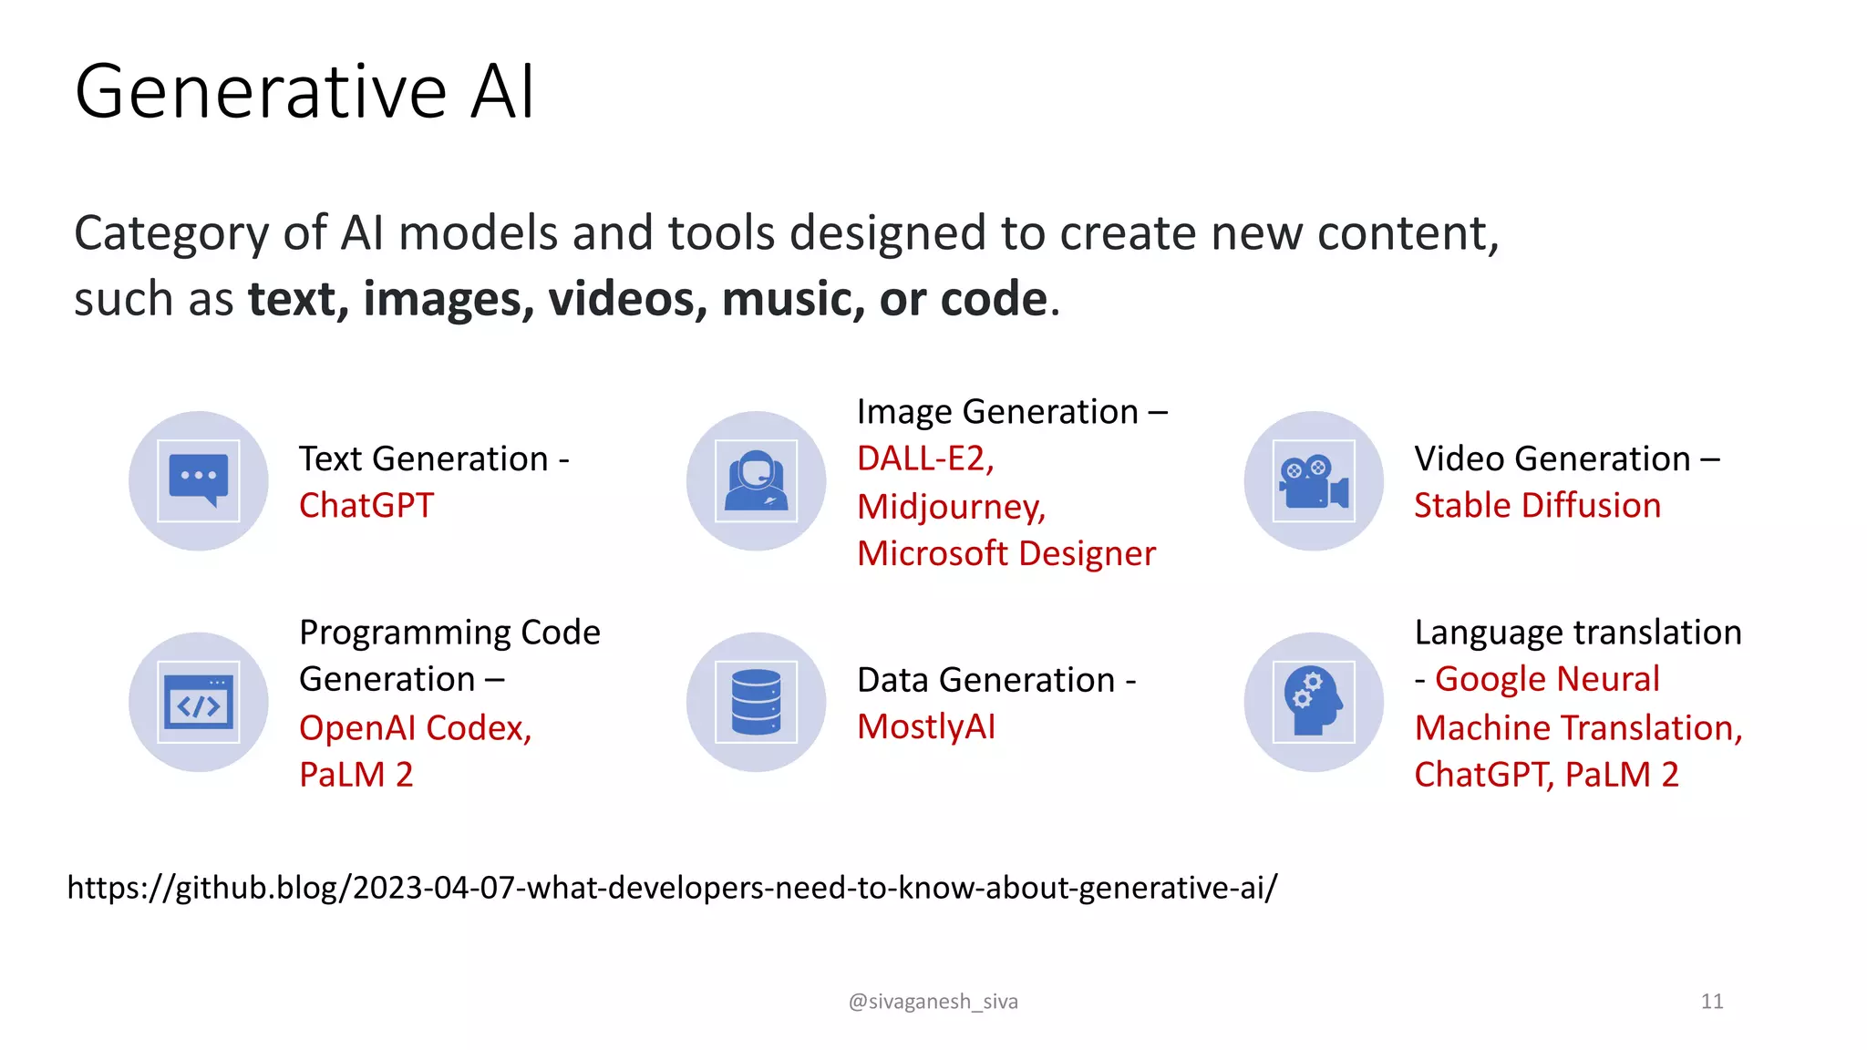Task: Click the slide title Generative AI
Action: tap(304, 92)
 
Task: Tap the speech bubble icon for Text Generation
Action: tap(199, 480)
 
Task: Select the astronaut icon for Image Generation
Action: tap(756, 480)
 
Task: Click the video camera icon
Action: tap(1314, 480)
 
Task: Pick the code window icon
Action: tap(199, 703)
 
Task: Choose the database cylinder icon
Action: tap(756, 703)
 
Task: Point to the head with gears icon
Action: tap(1314, 703)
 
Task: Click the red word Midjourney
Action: tap(950, 507)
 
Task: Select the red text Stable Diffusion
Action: tap(1537, 506)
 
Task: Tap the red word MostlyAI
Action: tap(926, 727)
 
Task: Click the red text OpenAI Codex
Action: tap(414, 728)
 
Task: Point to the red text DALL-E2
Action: tap(923, 458)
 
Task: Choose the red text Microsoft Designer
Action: tap(1006, 554)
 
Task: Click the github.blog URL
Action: tap(672, 888)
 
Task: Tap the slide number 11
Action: tap(1711, 1002)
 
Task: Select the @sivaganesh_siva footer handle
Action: tap(933, 1002)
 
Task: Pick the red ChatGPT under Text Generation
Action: tap(366, 506)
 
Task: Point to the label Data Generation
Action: tap(986, 680)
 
